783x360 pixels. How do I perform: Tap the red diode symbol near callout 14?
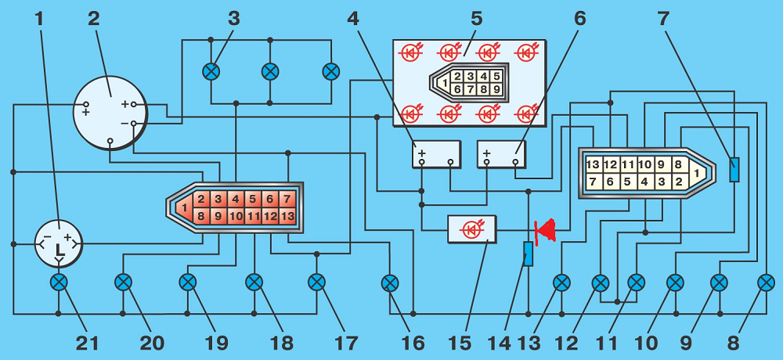(545, 230)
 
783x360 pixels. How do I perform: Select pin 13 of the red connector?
(287, 216)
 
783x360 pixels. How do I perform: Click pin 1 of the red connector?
(182, 208)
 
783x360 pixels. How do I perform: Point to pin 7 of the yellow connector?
(594, 182)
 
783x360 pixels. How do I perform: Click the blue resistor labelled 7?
(734, 170)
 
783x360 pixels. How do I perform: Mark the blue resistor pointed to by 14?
(529, 254)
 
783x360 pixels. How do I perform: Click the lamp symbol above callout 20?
(123, 282)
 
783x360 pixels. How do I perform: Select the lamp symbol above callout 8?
(766, 282)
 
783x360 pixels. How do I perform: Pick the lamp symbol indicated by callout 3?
(211, 72)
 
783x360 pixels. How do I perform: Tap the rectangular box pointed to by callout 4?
(436, 154)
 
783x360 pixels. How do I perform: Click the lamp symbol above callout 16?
(389, 282)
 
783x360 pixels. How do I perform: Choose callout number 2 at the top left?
(94, 16)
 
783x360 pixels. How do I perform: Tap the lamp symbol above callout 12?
(601, 282)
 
